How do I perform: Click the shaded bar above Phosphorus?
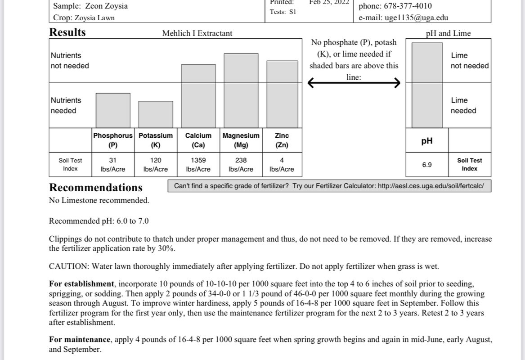(x=113, y=110)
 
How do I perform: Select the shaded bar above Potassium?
(x=156, y=114)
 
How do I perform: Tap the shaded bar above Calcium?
(x=198, y=96)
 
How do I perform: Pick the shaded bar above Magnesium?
(x=241, y=90)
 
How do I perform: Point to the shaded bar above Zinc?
(x=282, y=94)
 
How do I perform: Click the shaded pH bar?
(x=427, y=85)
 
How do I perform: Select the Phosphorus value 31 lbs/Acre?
(x=113, y=164)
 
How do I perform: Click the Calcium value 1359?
(x=198, y=160)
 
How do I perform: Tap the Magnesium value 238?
(x=241, y=160)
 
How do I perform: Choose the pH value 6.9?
(x=427, y=165)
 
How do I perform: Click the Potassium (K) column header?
(x=156, y=140)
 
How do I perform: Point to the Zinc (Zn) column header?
(x=282, y=140)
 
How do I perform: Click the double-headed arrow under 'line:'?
(x=354, y=83)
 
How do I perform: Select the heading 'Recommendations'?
(x=96, y=188)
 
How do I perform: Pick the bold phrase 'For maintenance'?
(x=80, y=340)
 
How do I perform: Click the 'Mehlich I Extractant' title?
(x=197, y=33)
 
